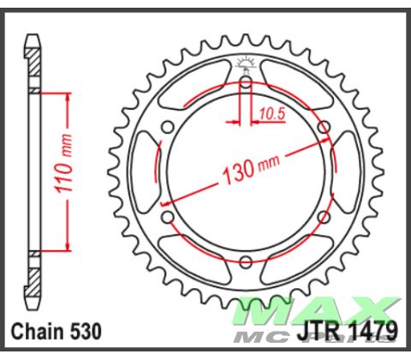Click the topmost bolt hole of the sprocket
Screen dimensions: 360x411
pyautogui.click(x=246, y=82)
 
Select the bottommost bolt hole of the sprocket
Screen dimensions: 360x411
pyautogui.click(x=246, y=261)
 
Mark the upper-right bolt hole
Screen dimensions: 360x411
pyautogui.click(x=324, y=127)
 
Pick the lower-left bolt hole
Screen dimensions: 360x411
pyautogui.click(x=168, y=217)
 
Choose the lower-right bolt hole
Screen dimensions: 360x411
pyautogui.click(x=324, y=217)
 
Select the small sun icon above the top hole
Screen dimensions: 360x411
pyautogui.click(x=246, y=61)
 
